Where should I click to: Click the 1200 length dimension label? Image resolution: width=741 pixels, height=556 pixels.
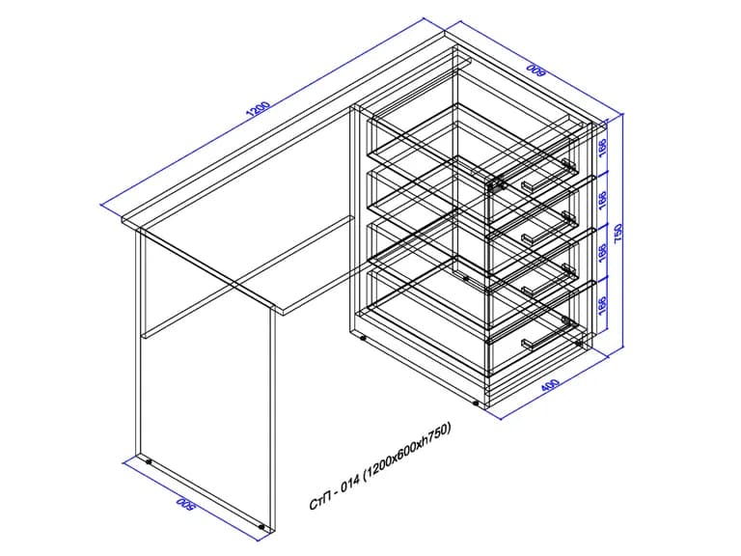pyautogui.click(x=259, y=109)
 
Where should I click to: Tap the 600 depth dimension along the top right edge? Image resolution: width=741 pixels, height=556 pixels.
pyautogui.click(x=535, y=70)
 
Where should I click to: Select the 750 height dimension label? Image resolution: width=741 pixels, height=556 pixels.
pyautogui.click(x=618, y=233)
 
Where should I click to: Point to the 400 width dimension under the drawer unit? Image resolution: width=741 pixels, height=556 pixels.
pyautogui.click(x=550, y=385)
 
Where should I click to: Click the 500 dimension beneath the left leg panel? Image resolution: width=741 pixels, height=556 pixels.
pyautogui.click(x=185, y=504)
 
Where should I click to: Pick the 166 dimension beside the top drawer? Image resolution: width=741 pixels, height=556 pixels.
pyautogui.click(x=602, y=148)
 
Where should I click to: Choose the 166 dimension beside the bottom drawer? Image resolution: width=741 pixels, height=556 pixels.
pyautogui.click(x=602, y=306)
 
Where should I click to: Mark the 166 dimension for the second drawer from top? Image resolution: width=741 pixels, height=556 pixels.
pyautogui.click(x=602, y=201)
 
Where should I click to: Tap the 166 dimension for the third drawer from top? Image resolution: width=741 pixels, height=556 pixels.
pyautogui.click(x=602, y=254)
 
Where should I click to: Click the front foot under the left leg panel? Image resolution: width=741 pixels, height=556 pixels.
pyautogui.click(x=261, y=526)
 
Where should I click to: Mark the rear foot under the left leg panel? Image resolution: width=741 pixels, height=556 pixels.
pyautogui.click(x=149, y=461)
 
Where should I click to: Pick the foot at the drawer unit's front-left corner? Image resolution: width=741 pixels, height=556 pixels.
pyautogui.click(x=476, y=403)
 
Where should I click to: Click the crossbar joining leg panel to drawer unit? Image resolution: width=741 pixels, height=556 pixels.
pyautogui.click(x=247, y=277)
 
